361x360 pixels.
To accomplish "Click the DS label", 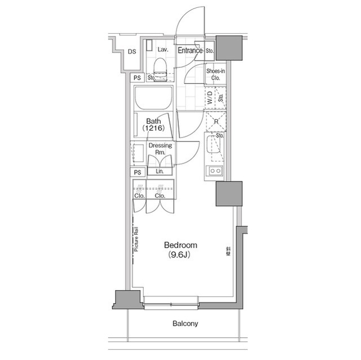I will tap(131, 52).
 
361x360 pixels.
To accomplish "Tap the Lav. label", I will tap(163, 50).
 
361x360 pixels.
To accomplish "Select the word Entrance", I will tap(190, 51).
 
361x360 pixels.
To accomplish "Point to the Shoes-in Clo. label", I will tap(215, 74).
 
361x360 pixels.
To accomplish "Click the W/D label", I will tap(209, 99).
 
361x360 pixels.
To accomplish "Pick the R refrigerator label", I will tap(215, 121).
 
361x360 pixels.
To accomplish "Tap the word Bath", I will tap(154, 121).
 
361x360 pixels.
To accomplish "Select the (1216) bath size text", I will tap(154, 129).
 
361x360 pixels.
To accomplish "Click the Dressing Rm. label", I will tap(160, 149).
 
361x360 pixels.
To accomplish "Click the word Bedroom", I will tap(180, 245).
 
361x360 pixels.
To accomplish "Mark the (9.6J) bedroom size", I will tap(180, 255).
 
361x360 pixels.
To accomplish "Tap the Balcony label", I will tap(185, 323).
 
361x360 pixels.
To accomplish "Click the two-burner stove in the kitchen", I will tap(215, 171).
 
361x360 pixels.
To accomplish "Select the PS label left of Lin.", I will tap(137, 172).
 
